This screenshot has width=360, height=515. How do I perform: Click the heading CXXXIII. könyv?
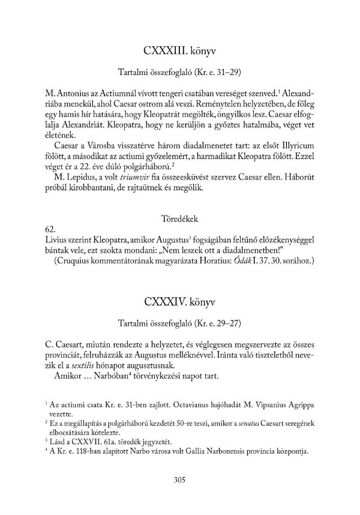point(179,50)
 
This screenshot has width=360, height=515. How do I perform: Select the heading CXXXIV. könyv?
point(179,300)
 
